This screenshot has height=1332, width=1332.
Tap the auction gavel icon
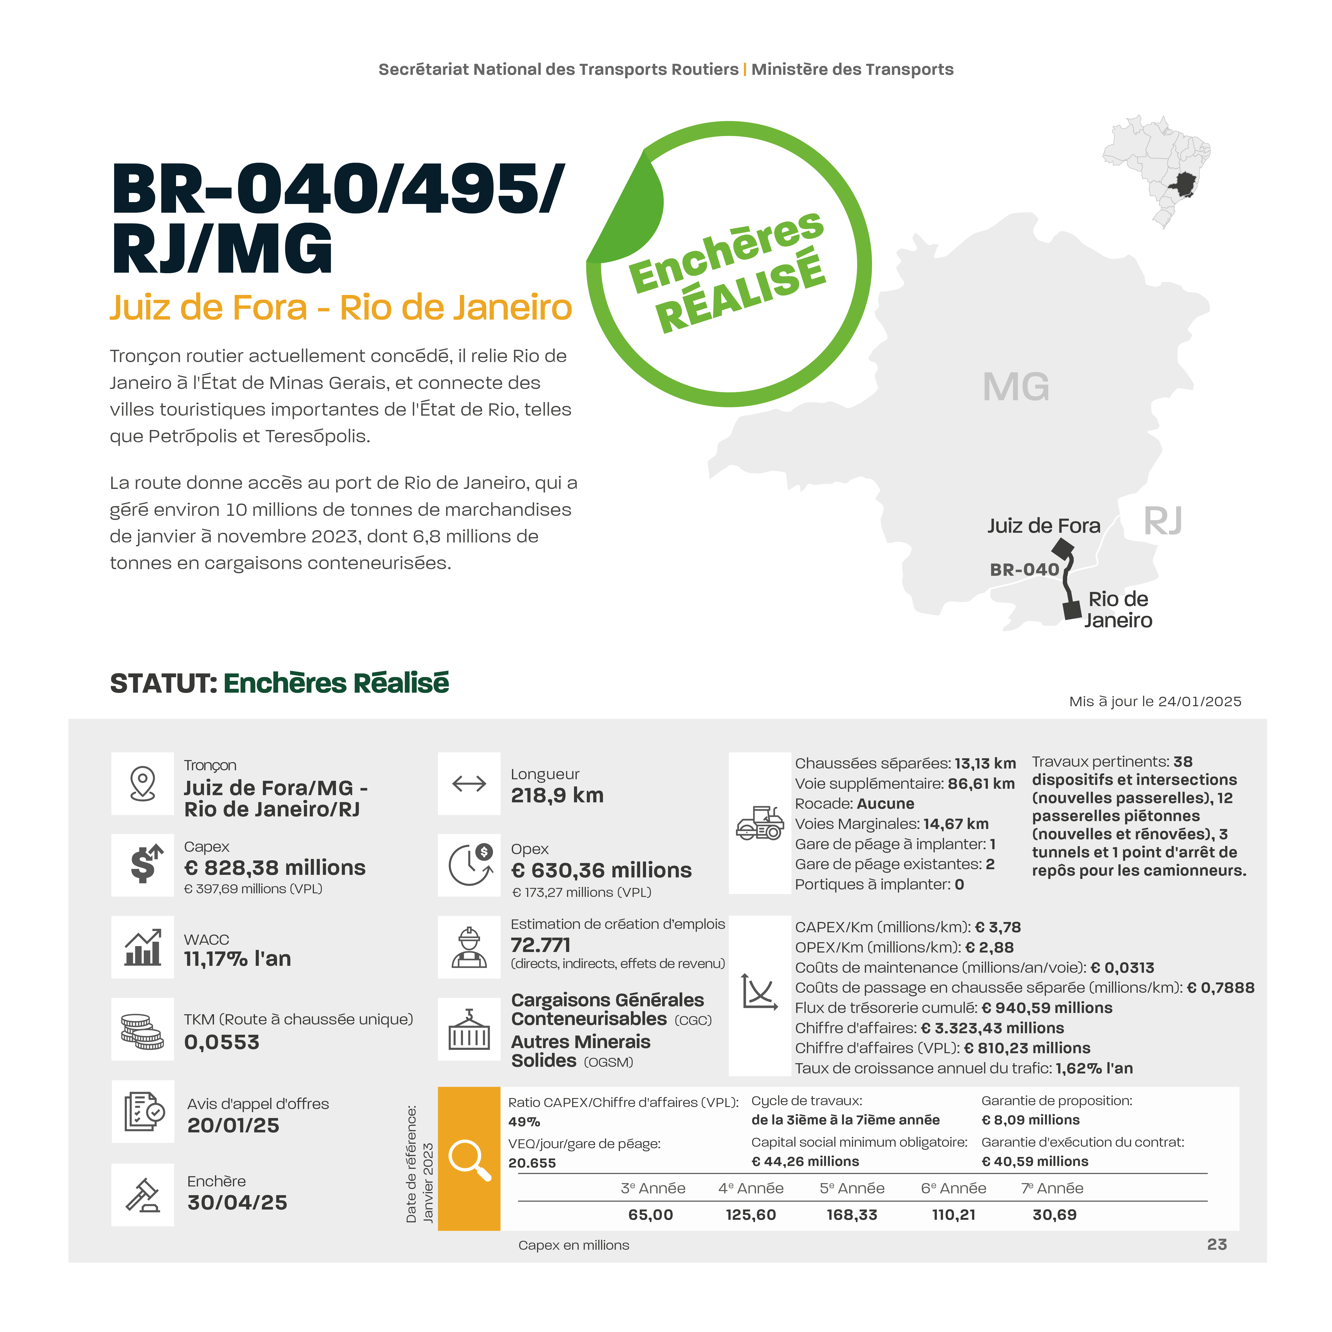pos(143,1195)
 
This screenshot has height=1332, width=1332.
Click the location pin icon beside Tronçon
pos(143,784)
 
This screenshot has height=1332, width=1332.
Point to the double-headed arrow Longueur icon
pos(469,784)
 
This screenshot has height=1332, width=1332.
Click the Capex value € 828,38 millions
pos(274,867)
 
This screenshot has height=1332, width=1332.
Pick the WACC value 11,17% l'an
pos(237,958)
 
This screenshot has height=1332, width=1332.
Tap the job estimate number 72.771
pos(540,945)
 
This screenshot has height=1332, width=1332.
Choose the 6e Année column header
pos(954,1188)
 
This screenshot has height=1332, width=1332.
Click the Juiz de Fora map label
pos(1043,526)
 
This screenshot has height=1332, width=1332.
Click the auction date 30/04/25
pos(237,1202)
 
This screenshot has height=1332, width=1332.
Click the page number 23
pos(1217,1244)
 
